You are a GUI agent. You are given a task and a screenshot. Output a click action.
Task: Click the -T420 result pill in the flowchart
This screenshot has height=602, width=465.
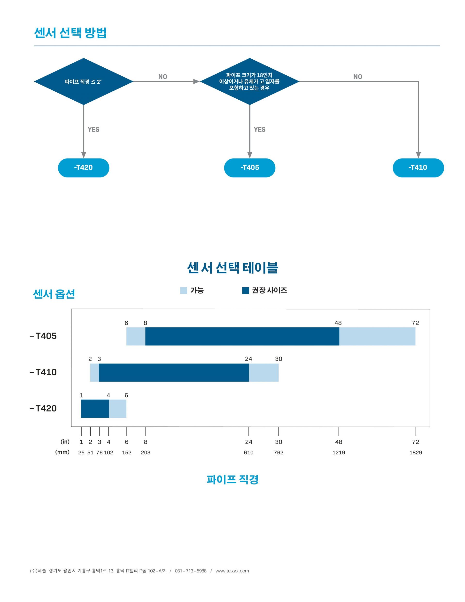tap(84, 168)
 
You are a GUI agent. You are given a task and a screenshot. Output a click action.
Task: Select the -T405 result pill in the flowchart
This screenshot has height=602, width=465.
tap(250, 168)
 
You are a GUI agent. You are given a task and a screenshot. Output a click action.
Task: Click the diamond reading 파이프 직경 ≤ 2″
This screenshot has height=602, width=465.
tap(84, 82)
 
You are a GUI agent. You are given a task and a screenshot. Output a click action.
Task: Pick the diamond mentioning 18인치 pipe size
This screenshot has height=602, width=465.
tap(250, 82)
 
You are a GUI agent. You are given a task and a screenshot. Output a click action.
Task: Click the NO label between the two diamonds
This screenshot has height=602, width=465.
tap(163, 77)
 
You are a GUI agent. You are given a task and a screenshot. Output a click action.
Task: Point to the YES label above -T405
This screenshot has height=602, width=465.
tap(259, 130)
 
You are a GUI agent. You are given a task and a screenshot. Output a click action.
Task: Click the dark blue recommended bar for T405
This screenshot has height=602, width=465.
tap(242, 336)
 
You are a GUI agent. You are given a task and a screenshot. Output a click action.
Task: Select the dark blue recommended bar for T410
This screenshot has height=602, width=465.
tap(174, 372)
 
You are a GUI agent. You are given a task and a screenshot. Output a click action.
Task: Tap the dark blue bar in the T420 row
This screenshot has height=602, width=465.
tap(95, 409)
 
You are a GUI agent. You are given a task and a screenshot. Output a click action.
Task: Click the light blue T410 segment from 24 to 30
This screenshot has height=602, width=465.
tap(264, 372)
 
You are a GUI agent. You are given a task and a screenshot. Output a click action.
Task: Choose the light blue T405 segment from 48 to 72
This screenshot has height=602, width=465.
tap(377, 336)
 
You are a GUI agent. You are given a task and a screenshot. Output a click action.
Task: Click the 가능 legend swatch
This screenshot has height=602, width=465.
tap(184, 291)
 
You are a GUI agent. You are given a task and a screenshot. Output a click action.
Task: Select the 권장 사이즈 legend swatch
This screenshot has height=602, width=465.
tap(245, 291)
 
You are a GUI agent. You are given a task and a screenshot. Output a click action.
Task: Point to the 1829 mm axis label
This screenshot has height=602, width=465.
tap(415, 453)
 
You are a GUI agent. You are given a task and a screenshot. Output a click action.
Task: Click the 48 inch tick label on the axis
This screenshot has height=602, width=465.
tap(339, 442)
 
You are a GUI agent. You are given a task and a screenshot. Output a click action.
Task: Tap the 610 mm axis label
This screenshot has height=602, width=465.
tap(248, 453)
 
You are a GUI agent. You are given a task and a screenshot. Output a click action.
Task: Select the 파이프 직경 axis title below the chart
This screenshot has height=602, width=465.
tap(232, 479)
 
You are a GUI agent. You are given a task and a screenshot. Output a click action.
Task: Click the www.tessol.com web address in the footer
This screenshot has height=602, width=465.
tap(232, 571)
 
